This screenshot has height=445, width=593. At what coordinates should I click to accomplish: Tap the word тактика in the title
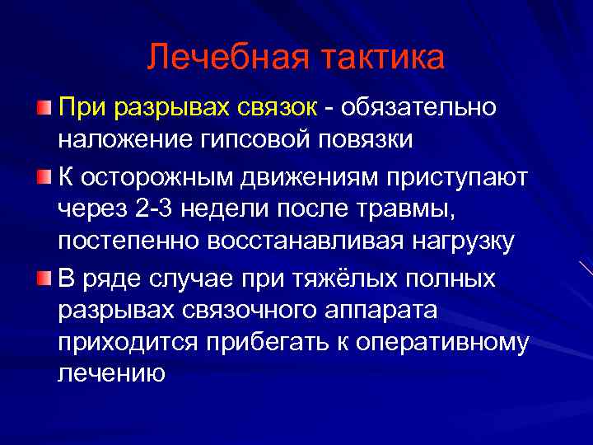(380, 57)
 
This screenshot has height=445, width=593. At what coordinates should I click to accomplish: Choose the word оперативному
(433, 344)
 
